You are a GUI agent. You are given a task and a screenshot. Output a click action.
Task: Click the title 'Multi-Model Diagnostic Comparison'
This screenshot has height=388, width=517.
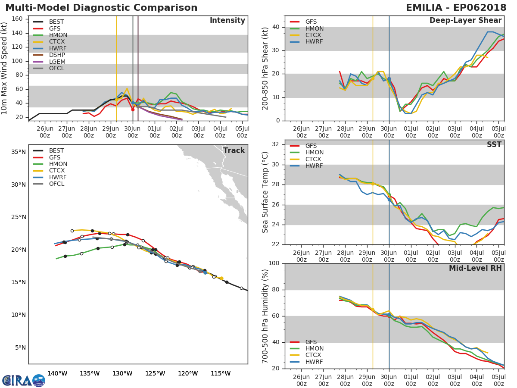click(101, 8)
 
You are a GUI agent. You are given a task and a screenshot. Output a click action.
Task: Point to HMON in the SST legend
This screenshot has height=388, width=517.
click(314, 153)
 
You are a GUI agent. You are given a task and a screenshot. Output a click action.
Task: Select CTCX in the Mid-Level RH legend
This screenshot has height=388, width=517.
click(314, 355)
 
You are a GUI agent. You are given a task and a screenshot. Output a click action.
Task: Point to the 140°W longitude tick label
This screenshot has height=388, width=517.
click(57, 373)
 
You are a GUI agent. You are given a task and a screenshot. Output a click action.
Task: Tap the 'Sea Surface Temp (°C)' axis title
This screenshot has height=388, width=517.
click(265, 192)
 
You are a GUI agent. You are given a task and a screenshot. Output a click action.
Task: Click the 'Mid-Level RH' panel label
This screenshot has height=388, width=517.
click(475, 269)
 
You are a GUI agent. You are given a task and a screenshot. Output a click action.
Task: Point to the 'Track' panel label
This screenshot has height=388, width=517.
click(234, 150)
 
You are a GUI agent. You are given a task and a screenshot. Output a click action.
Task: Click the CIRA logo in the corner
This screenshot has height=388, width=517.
click(24, 380)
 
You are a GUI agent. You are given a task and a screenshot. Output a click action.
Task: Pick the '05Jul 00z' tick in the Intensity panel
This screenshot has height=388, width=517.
click(242, 131)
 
